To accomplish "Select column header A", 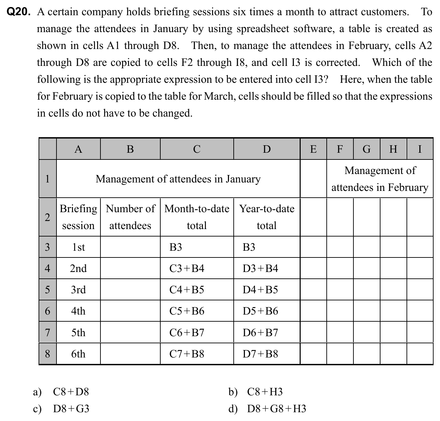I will click(x=78, y=149).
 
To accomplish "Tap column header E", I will click(x=313, y=149).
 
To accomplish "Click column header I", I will click(x=420, y=149).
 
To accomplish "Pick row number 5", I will click(x=47, y=290).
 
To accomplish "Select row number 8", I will click(x=47, y=354).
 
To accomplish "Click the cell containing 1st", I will click(x=78, y=247).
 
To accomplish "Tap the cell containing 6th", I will click(x=78, y=354).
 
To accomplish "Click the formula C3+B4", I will click(x=187, y=268).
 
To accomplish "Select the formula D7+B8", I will click(x=260, y=354).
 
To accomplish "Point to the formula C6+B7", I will click(x=187, y=332).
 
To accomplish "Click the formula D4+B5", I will click(x=260, y=290).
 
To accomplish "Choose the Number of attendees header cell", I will click(x=130, y=217).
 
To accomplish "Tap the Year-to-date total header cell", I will click(x=267, y=217).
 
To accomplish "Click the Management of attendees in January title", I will click(x=178, y=179).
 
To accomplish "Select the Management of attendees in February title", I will click(x=380, y=179).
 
